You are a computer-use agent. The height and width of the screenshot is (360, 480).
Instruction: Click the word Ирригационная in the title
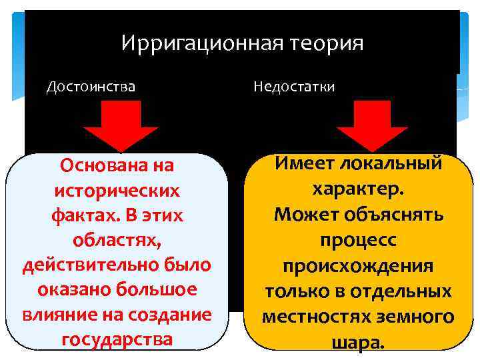[203, 44]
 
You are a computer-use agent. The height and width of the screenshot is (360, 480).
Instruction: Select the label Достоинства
[91, 87]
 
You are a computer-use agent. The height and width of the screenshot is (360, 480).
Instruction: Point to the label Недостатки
[294, 87]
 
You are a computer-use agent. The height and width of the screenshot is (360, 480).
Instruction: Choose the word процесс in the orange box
[357, 240]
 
